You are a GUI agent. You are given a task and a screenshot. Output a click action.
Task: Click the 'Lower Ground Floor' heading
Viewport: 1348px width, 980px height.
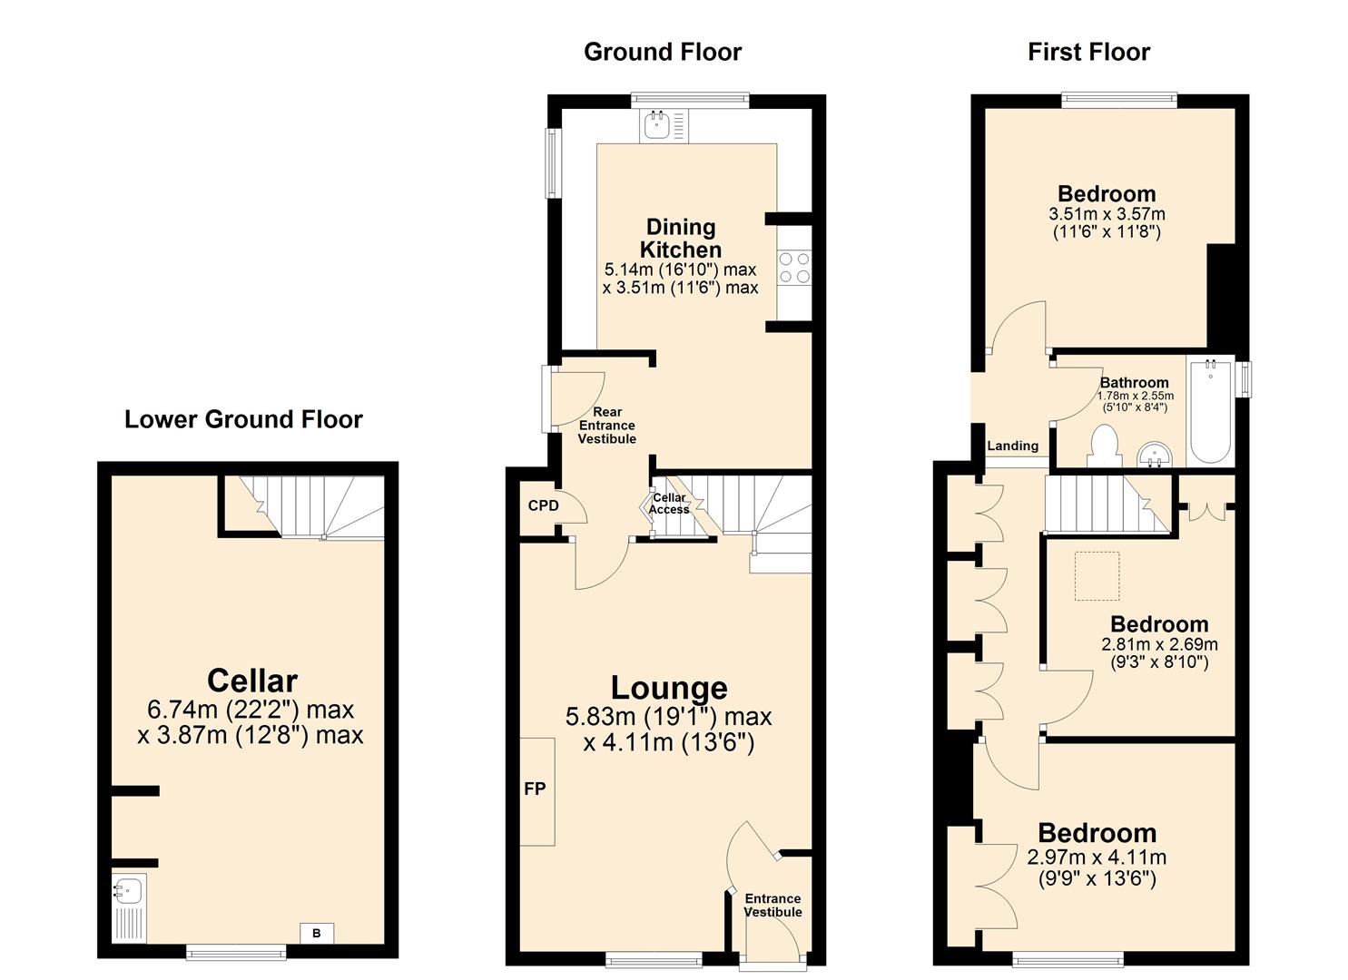click(243, 419)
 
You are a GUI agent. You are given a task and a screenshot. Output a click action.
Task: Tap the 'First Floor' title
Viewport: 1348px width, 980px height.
click(1088, 52)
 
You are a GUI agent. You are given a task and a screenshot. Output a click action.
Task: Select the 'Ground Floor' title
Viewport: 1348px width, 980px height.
click(662, 52)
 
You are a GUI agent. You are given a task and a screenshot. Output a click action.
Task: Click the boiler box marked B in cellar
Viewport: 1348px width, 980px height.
click(317, 933)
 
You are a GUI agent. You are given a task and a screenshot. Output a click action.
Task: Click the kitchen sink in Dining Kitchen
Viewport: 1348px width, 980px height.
click(656, 126)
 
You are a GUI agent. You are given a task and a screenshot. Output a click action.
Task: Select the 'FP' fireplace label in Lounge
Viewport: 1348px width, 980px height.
click(535, 789)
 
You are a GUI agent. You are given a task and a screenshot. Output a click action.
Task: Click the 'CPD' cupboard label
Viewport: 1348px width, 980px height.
click(543, 505)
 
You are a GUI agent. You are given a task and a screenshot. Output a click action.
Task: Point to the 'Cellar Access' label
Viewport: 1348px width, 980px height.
click(669, 504)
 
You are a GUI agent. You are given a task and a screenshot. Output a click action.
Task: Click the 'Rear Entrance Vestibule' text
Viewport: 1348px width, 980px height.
click(607, 426)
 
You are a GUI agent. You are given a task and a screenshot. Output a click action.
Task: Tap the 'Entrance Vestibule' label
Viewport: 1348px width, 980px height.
click(772, 905)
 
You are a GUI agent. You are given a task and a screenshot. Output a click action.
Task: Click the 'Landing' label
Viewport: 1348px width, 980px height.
click(1012, 446)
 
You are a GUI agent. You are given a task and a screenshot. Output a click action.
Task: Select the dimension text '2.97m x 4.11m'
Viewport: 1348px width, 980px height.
click(1097, 857)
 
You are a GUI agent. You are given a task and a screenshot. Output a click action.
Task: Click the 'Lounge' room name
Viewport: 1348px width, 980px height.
click(668, 689)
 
